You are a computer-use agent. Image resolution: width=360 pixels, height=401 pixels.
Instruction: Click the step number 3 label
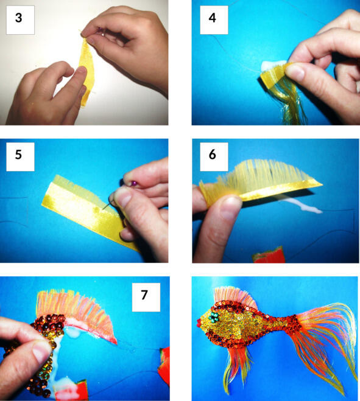(19, 18)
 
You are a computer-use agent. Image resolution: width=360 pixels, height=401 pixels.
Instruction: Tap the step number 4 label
(212, 18)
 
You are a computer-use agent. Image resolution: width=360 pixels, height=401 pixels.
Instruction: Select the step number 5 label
(18, 155)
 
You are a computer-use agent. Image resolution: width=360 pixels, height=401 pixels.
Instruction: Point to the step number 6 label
(212, 155)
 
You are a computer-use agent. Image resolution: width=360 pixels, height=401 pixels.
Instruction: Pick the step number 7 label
(144, 295)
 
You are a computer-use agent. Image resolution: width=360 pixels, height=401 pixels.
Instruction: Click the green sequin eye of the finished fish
(213, 318)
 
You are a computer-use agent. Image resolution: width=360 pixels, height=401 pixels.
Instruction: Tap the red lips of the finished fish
(199, 323)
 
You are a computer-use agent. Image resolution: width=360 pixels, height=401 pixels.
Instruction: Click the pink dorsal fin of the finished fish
(235, 297)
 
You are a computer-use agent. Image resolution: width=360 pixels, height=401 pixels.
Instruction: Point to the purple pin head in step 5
(133, 183)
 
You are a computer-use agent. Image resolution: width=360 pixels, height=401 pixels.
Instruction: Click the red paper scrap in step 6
(269, 255)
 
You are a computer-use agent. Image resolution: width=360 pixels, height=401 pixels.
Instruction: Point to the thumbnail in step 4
(295, 72)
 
